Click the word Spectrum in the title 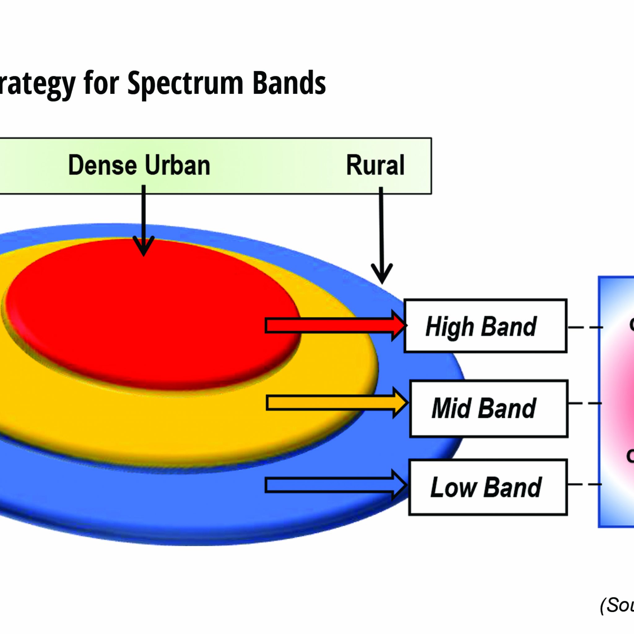pyautogui.click(x=185, y=84)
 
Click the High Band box pyautogui.click(x=485, y=326)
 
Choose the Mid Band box pyautogui.click(x=489, y=409)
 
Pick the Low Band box pyautogui.click(x=488, y=487)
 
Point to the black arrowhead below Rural pyautogui.click(x=382, y=274)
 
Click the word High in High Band pyautogui.click(x=449, y=327)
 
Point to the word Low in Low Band pyautogui.click(x=453, y=488)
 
